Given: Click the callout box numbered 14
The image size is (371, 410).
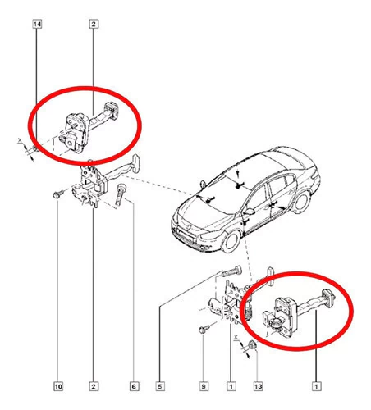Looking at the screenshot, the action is pos(37,24).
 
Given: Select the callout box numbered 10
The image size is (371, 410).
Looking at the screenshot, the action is pos(58,386).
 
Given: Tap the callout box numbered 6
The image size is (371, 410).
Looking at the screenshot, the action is pos(134,386).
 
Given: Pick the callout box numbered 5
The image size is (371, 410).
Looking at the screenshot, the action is pos(160,386).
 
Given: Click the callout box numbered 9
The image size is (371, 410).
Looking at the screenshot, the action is pos(204,386).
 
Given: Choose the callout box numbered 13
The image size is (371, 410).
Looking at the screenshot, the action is pos(258,386).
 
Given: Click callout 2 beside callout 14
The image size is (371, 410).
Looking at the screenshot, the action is pos(94,24).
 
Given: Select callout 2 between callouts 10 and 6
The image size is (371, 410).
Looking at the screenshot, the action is pos(94,386).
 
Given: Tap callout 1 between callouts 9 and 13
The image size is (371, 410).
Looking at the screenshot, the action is pos(231,386).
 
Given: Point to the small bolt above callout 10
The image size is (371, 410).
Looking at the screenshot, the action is pos(58,194).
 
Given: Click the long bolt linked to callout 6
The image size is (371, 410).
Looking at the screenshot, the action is pos(120,195).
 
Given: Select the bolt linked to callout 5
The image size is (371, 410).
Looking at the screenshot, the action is pos(232,271).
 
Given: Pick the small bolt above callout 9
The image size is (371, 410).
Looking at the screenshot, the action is pos(204,329).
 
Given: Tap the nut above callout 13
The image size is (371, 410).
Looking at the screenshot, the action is pos(253,344).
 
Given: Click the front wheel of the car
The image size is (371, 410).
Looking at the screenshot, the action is pos(231,242).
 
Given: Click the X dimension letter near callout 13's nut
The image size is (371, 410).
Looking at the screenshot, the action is pos(236,337).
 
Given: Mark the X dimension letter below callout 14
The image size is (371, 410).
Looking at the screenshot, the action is pos(20,141).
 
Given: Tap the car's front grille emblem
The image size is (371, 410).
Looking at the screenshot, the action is pos(189,226).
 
